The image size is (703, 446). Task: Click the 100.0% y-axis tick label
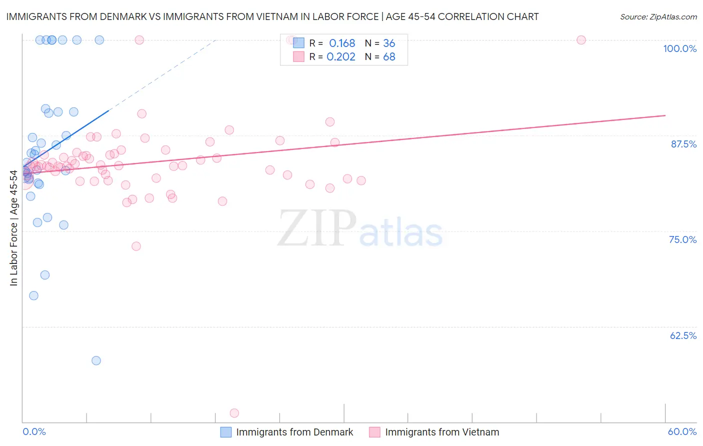click(679, 48)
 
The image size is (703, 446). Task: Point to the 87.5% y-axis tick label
click(683, 144)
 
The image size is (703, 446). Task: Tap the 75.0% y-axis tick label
click(682, 239)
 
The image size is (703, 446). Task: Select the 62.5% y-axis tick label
click(683, 335)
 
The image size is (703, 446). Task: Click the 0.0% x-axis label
click(34, 431)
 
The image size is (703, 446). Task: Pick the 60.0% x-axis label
click(682, 431)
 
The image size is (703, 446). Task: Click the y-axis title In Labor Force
click(13, 228)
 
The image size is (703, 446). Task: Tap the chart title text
click(272, 16)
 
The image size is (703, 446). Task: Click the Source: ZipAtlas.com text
click(658, 16)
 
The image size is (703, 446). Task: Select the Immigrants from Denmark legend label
click(294, 432)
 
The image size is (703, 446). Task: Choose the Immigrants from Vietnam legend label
click(442, 432)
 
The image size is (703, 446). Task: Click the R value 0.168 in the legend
click(342, 43)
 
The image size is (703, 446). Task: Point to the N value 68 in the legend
click(389, 56)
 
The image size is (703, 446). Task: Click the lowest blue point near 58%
click(96, 360)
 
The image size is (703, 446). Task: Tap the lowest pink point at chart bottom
click(234, 413)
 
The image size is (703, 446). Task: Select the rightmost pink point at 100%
click(581, 40)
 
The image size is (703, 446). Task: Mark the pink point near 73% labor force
click(136, 246)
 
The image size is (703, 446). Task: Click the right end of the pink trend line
click(665, 115)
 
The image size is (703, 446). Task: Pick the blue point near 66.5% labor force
click(33, 295)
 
